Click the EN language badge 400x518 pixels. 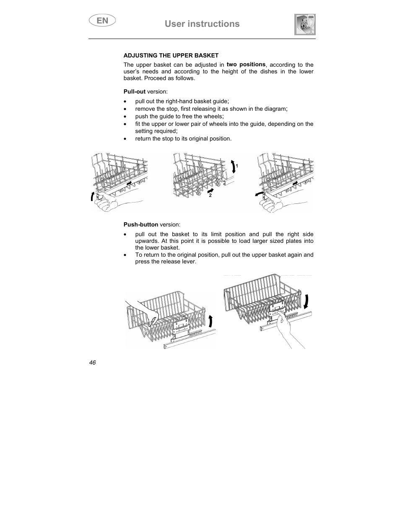[102, 20]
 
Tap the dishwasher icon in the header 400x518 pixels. [305, 24]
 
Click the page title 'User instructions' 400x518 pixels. [202, 24]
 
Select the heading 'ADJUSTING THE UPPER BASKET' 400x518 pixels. [171, 55]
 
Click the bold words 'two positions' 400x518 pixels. [246, 65]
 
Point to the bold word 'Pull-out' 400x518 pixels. [134, 91]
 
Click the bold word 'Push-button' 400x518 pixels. [141, 224]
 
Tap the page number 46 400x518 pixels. [92, 362]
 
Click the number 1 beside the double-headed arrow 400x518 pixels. [237, 167]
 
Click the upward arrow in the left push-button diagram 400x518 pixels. [210, 321]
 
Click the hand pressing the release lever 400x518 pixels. [289, 331]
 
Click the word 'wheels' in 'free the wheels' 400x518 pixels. [213, 116]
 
